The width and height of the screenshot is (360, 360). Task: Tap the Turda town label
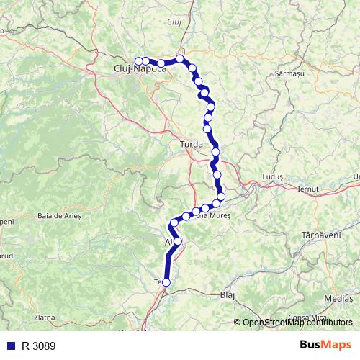192,145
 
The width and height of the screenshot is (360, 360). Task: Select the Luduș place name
275,176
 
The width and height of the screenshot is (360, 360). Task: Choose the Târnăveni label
320,235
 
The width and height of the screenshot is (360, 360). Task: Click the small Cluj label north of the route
174,22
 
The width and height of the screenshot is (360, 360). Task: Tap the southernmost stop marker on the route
166,283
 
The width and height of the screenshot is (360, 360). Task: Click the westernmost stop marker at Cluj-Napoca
138,60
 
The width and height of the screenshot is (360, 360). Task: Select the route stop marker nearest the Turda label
215,151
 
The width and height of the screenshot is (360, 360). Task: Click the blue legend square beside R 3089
9,346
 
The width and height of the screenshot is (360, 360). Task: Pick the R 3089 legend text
38,346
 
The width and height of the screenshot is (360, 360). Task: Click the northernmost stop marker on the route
180,59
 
